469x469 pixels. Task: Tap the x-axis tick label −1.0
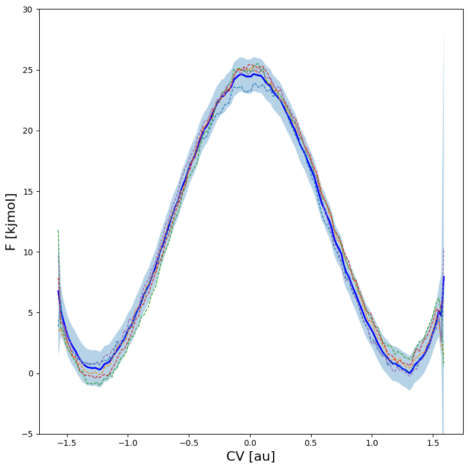pos(128,443)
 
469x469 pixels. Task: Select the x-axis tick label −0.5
pos(189,443)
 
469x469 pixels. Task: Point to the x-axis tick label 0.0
pos(250,443)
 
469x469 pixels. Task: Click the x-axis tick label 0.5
pos(311,443)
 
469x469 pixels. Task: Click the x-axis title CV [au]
pos(251,457)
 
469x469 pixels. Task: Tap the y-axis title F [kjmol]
pos(11,221)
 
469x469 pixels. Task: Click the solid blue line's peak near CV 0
pos(254,74)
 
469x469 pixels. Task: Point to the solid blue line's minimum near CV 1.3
pos(410,373)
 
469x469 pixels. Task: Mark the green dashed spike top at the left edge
pos(58,229)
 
